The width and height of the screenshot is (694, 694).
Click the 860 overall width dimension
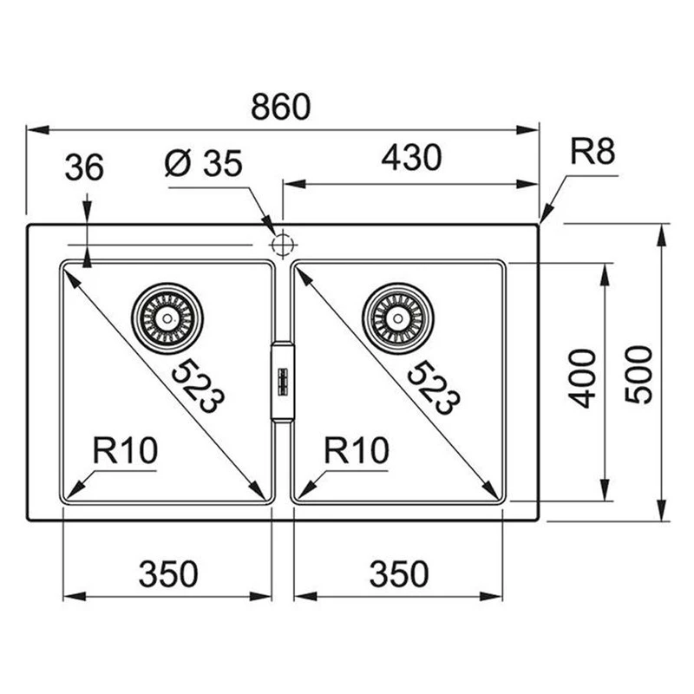(280, 107)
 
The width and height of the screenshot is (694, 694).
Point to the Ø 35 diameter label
(204, 163)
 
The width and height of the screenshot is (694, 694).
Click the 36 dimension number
(84, 167)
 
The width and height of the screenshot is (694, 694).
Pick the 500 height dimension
(638, 374)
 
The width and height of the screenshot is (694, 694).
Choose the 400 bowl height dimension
(583, 378)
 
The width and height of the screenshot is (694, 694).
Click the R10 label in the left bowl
(125, 450)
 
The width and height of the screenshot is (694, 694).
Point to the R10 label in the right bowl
(357, 450)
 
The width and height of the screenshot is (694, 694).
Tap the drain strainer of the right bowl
(398, 318)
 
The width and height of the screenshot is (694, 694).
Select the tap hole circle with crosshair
(281, 245)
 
